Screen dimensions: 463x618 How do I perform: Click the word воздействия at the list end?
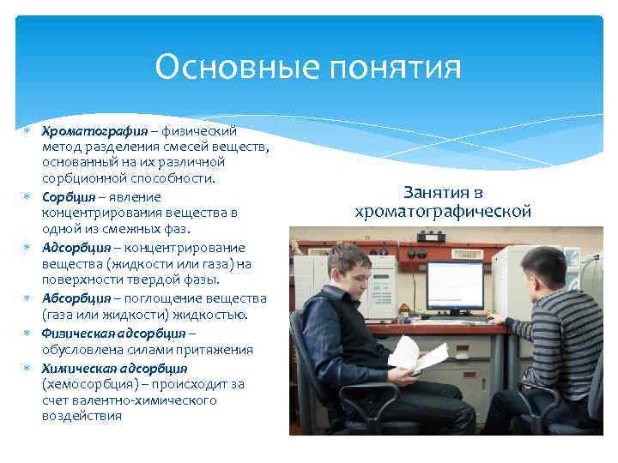click(82, 416)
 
